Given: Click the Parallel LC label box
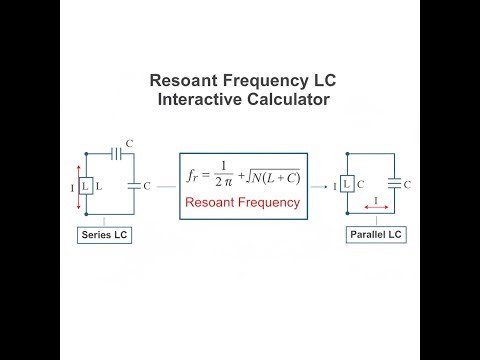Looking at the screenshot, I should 373,237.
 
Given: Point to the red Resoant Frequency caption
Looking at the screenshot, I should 243,202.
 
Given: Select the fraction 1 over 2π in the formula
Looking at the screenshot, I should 221,176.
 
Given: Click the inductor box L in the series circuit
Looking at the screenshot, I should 87,186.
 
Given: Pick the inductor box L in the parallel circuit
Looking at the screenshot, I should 346,183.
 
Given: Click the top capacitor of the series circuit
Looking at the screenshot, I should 117,155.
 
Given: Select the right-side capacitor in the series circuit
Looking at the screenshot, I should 134,185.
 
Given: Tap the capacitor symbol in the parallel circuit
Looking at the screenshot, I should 394,183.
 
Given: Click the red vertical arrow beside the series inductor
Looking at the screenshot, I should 77,186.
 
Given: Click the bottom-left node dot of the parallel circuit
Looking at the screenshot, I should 346,214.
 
